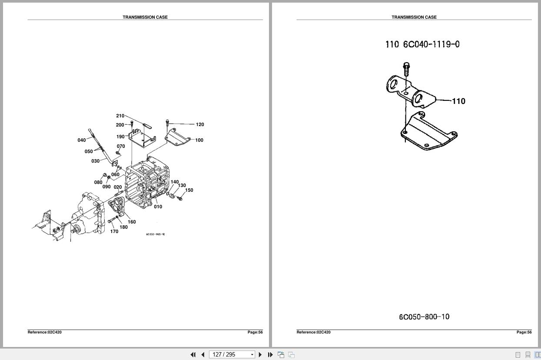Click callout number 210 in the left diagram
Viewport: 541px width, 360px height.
pos(120,116)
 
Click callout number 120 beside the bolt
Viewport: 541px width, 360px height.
pos(200,124)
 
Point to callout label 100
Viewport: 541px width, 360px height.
pos(199,140)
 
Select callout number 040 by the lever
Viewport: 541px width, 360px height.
pos(82,140)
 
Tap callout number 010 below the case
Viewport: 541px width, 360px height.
pos(158,207)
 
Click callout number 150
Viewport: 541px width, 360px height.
pos(189,190)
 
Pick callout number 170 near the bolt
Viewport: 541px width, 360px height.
pos(114,231)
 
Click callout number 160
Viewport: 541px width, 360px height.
pos(132,222)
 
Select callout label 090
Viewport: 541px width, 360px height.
pos(106,187)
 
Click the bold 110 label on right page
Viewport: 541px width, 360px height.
pos(458,101)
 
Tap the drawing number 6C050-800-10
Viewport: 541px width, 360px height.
pos(424,317)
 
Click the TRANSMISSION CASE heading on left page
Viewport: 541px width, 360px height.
pos(145,17)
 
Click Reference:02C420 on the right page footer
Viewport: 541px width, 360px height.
pos(313,332)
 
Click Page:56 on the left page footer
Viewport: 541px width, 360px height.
pos(255,332)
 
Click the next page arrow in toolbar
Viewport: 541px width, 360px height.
pos(260,355)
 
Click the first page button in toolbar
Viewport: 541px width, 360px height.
pos(193,355)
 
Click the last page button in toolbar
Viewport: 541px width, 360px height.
pos(270,355)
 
